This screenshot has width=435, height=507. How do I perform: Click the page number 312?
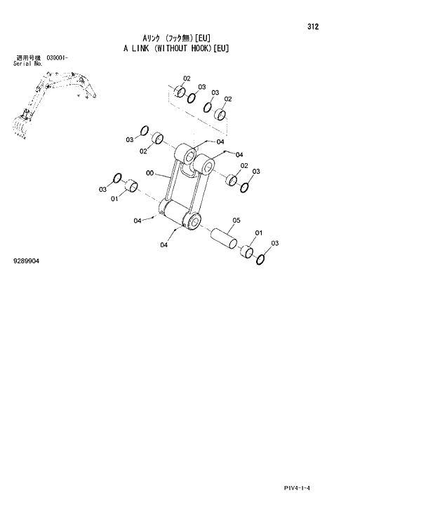tap(313, 27)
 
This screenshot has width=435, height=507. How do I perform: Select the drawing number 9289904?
tap(27, 261)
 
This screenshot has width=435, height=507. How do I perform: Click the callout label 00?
tap(150, 173)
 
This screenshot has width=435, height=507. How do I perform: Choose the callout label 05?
tap(236, 220)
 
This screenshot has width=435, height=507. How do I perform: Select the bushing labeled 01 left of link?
tap(130, 187)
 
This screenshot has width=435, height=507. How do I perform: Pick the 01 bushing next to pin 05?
tap(248, 251)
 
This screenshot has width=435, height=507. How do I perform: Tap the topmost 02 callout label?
tap(187, 78)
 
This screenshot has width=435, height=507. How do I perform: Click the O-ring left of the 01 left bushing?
tap(116, 179)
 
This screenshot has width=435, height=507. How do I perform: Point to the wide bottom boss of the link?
tap(181, 218)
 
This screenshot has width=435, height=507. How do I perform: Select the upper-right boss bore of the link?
tap(206, 166)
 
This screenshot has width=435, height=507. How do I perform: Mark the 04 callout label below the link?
tap(164, 244)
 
